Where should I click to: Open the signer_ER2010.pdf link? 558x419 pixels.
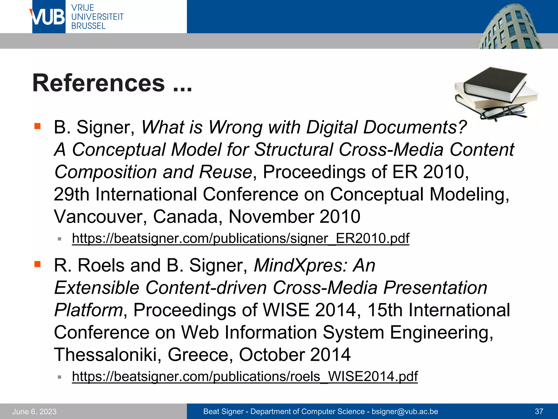tap(240, 238)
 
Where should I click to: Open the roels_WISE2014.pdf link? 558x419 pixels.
tap(245, 376)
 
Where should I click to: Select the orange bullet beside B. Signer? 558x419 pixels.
tap(37, 126)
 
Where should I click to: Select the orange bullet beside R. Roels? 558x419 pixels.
tap(37, 264)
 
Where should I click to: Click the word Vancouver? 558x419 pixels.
tap(101, 217)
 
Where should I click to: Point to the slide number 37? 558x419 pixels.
tap(539, 411)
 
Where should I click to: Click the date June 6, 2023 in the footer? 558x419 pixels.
tap(34, 411)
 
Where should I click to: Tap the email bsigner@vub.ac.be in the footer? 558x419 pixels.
tap(405, 411)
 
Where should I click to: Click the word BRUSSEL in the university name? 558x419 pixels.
tap(88, 26)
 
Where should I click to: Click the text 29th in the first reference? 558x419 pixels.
tap(71, 194)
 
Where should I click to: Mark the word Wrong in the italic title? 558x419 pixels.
tap(235, 127)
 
